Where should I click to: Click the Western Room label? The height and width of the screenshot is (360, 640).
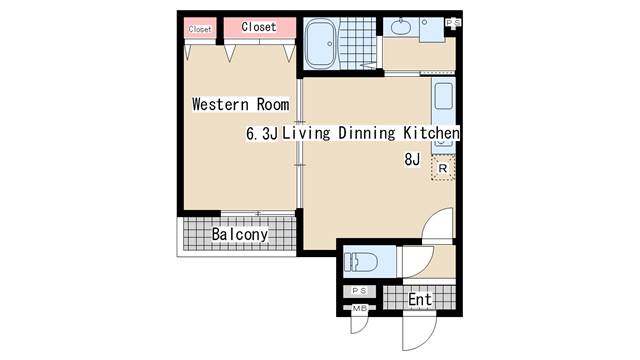241,104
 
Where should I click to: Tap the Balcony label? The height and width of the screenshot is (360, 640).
240,234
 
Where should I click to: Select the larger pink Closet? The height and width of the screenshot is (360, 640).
260,28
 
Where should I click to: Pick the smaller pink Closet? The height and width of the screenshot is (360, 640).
200,29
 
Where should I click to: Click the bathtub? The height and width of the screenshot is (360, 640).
321,44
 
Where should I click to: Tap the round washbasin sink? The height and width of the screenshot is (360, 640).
401,28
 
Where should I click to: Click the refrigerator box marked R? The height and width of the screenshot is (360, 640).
443,168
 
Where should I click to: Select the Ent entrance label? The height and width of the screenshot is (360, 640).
420,299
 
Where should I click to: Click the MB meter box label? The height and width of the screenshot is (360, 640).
360,308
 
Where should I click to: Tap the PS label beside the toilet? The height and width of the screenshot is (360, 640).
359,291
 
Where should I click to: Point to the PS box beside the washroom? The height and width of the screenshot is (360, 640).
453,23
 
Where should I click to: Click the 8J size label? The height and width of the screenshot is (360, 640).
412,159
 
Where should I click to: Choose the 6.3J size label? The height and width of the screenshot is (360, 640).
262,133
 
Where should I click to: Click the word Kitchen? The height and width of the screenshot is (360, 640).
431,133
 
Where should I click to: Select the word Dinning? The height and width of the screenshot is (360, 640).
367,133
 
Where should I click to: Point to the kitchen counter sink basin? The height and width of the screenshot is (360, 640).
444,96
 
